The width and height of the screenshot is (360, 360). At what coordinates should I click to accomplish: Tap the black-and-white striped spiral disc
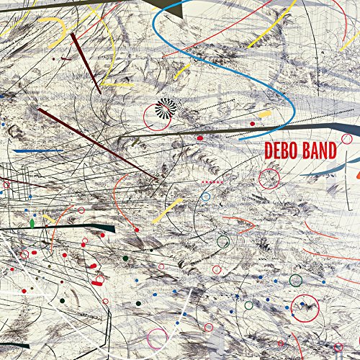coord(167,107)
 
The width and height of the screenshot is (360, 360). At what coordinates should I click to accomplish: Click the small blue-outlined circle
coord(206,196)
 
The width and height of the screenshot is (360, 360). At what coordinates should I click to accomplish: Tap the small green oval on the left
coord(32,224)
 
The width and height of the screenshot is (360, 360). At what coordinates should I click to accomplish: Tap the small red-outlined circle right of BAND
coord(346,138)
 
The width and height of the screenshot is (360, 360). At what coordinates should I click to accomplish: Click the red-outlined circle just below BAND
coord(269,178)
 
